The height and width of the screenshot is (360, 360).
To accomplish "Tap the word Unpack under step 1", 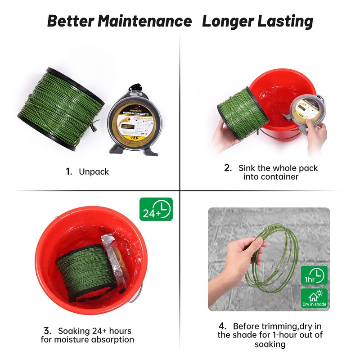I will (94, 171).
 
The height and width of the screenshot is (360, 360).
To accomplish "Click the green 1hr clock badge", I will (314, 275).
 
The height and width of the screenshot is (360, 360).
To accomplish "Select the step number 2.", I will (228, 168).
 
